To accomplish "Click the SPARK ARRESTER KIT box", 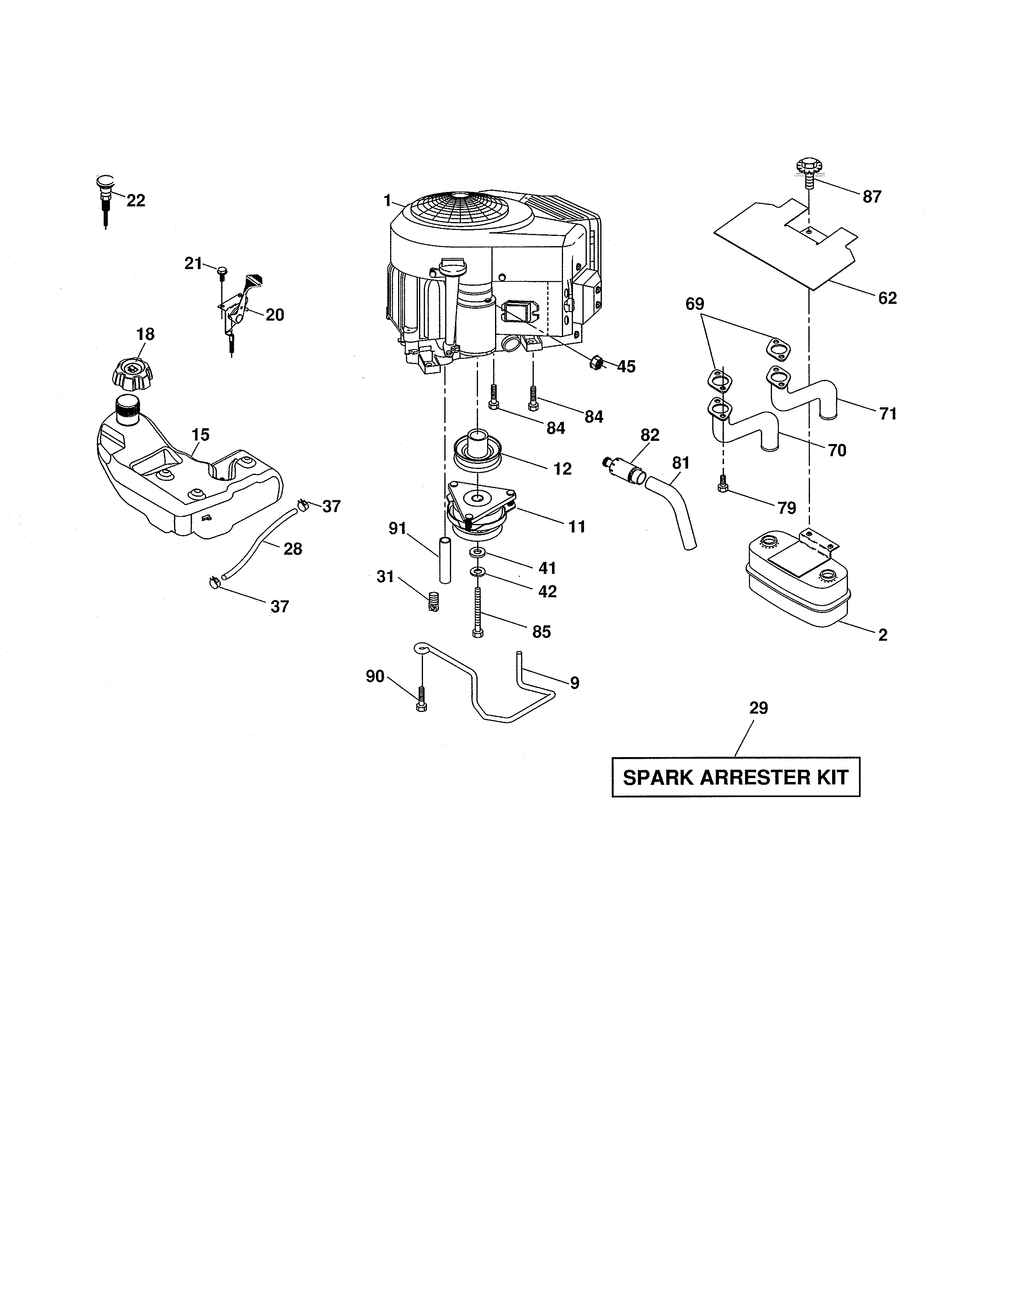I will point(735,777).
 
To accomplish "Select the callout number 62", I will point(887,298).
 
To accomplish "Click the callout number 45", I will point(626,366).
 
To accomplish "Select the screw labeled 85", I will point(477,613).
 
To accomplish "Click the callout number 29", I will point(758,708).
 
